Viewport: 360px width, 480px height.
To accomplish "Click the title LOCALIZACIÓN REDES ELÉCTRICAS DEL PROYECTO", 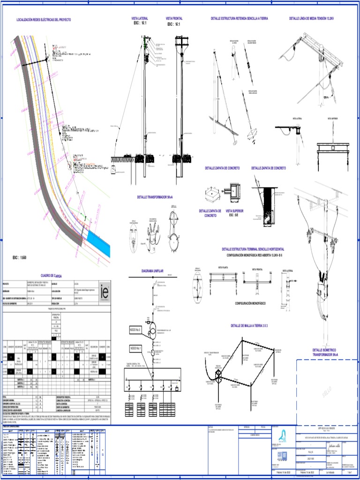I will pos(44,20).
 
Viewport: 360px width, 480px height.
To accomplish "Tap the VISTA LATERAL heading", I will pos(140,18).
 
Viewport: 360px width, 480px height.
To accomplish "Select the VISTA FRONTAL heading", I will pos(174,18).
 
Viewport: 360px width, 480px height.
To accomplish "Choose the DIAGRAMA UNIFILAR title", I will pos(154,271).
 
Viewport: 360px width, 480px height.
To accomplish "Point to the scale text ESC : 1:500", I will pos(20,258).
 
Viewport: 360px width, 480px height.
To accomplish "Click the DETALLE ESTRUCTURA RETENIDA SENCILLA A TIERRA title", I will pos(240,18).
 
